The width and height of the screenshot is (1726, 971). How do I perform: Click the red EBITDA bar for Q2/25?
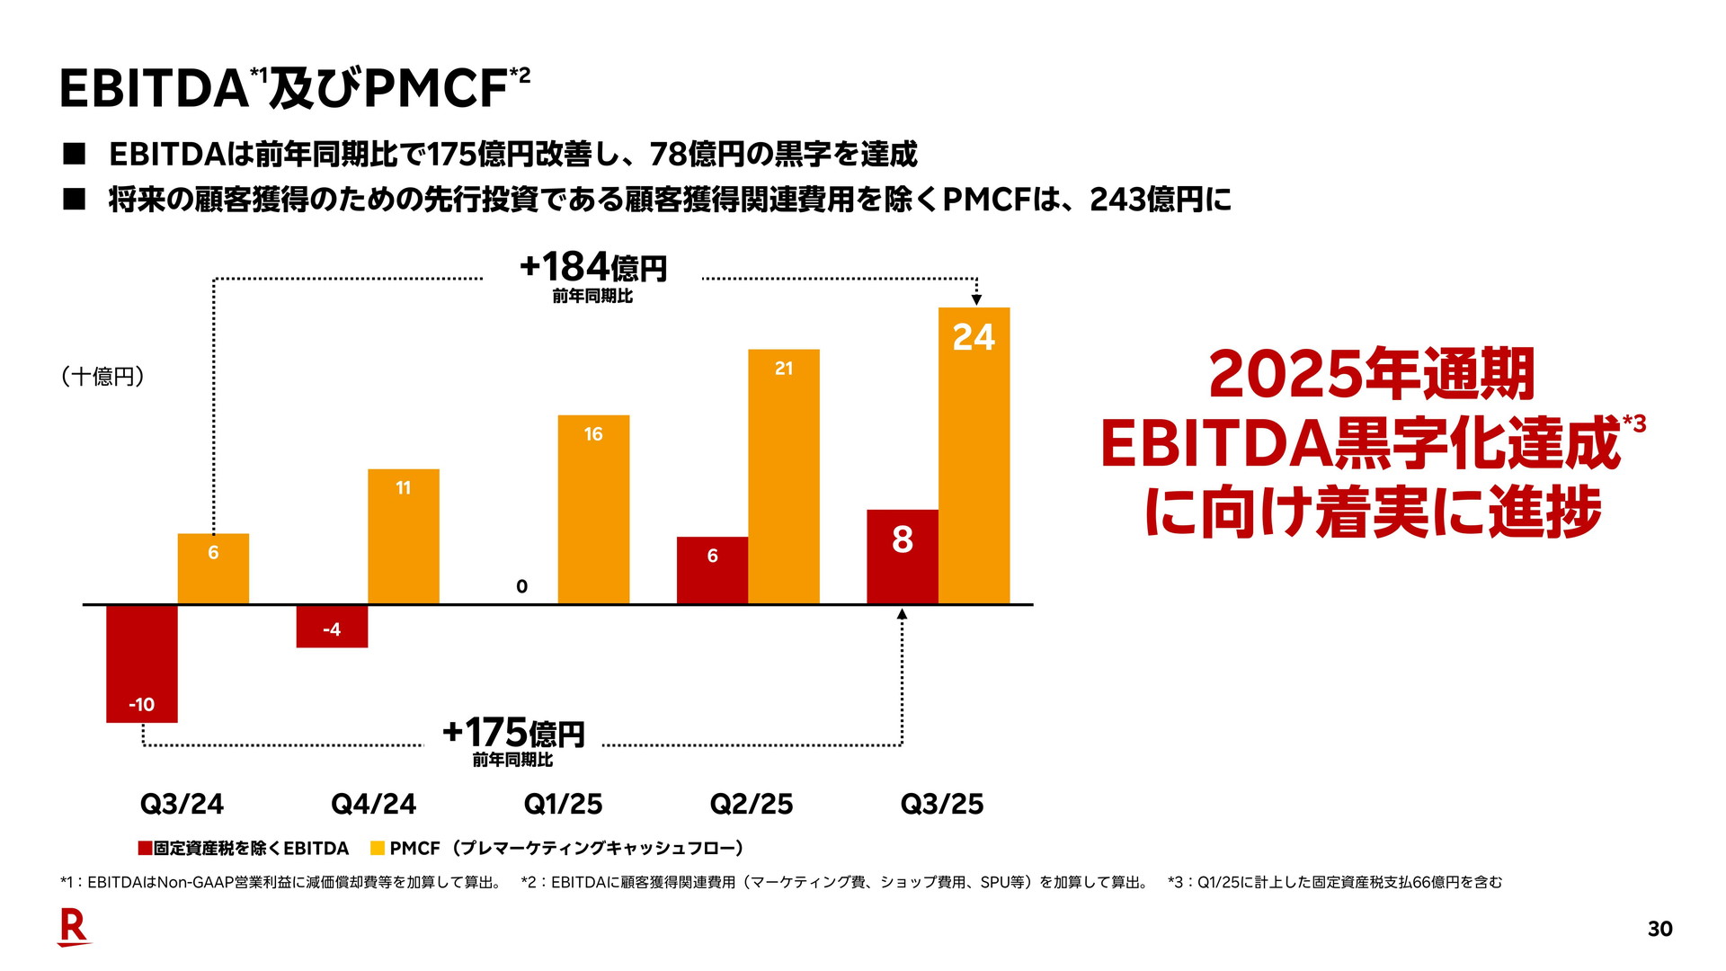pyautogui.click(x=712, y=570)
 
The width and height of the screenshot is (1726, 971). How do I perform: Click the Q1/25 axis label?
pyautogui.click(x=563, y=804)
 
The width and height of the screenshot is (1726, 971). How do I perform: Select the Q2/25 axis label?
pyautogui.click(x=752, y=804)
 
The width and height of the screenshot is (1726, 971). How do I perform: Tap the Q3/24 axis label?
pyautogui.click(x=182, y=804)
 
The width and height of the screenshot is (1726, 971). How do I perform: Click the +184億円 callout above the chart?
pyautogui.click(x=593, y=269)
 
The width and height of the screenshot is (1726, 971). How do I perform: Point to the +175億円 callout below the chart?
pyautogui.click(x=513, y=734)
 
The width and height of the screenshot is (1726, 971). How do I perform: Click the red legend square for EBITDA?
pyautogui.click(x=145, y=848)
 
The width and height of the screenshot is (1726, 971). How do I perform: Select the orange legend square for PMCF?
pyautogui.click(x=378, y=848)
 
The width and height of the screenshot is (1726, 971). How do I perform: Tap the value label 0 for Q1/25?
pyautogui.click(x=521, y=587)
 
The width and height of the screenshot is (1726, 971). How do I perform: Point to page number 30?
pyautogui.click(x=1659, y=929)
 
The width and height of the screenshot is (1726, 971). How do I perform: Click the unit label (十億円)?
pyautogui.click(x=102, y=376)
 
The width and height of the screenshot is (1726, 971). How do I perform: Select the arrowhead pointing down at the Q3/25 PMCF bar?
pyautogui.click(x=976, y=300)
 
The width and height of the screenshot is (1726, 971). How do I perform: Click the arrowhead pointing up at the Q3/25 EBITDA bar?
pyautogui.click(x=903, y=614)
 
